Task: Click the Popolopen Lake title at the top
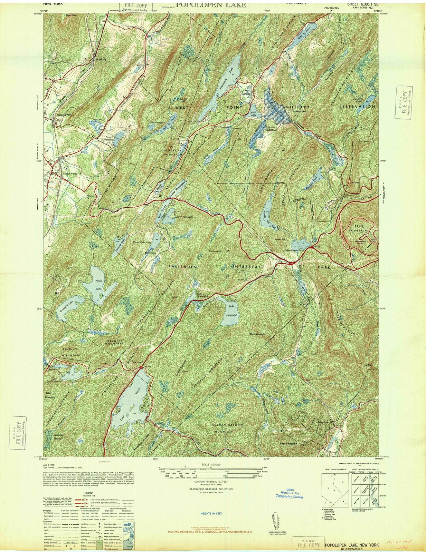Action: pyautogui.click(x=211, y=5)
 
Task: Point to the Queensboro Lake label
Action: pyautogui.click(x=295, y=250)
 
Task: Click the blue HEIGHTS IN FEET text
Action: pyautogui.click(x=211, y=513)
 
